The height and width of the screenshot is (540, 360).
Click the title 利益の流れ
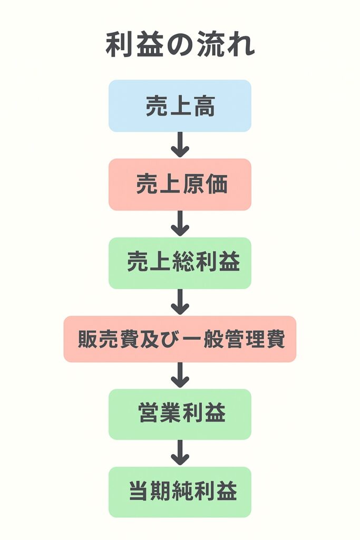point(180,46)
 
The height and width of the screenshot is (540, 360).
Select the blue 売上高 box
point(180,106)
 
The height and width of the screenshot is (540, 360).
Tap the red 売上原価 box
point(180,185)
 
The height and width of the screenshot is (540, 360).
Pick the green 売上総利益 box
point(180,263)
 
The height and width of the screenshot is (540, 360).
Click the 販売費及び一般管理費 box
point(180,339)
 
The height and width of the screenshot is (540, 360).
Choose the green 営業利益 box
point(180,414)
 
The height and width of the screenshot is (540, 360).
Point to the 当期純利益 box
point(180,492)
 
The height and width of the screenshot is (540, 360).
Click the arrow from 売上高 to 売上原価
point(180,144)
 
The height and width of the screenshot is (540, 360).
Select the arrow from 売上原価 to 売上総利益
point(180,223)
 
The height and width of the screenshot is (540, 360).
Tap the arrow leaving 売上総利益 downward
point(180,302)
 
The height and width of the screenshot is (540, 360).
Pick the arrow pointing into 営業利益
point(180,375)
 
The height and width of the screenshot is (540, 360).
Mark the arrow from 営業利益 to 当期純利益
point(180,453)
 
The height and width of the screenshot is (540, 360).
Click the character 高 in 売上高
point(204,107)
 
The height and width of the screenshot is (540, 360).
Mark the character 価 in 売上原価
point(216,185)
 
